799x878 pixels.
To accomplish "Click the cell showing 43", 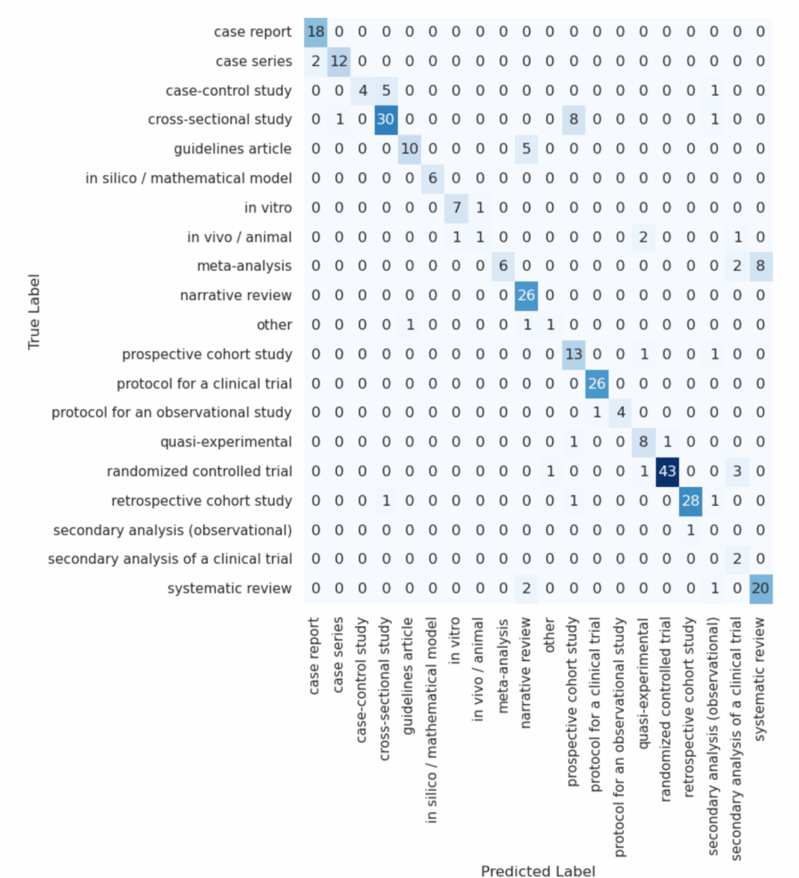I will pyautogui.click(x=667, y=472).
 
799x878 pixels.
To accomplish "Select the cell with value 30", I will pyautogui.click(x=387, y=120).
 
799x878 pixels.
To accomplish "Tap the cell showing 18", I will pyautogui.click(x=316, y=32).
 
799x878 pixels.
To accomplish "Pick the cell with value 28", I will pyautogui.click(x=691, y=501).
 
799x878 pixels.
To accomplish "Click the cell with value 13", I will pyautogui.click(x=574, y=354).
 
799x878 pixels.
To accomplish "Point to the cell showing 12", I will pyautogui.click(x=339, y=61).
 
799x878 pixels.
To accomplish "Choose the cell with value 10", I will pyautogui.click(x=410, y=149).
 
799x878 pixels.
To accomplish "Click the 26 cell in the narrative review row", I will pyautogui.click(x=526, y=296).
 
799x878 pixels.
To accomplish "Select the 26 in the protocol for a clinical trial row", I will pyautogui.click(x=597, y=383).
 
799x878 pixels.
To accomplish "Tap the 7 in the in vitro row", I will pyautogui.click(x=456, y=207).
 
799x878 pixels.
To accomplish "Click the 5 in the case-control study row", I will pyautogui.click(x=387, y=90).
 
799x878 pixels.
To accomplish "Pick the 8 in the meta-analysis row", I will pyautogui.click(x=761, y=267).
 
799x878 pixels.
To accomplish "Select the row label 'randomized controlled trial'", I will pyautogui.click(x=200, y=472).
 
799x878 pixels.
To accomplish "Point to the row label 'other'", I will pyautogui.click(x=274, y=325).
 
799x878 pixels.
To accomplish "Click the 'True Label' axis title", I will pyautogui.click(x=35, y=310).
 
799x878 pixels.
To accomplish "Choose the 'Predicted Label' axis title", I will pyautogui.click(x=538, y=870).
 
